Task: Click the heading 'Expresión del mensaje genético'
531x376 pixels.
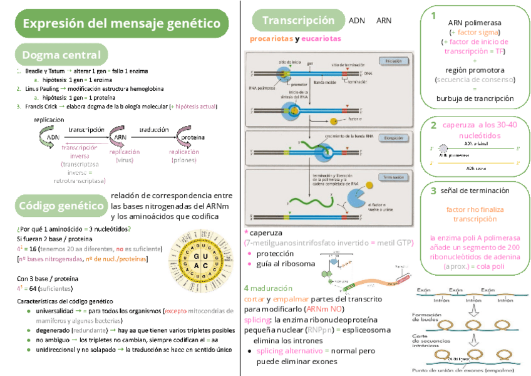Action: pos(121,24)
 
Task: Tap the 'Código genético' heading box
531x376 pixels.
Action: pos(61,205)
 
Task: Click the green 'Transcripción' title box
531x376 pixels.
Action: pos(297,21)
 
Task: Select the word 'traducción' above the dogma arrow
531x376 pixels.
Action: pos(153,129)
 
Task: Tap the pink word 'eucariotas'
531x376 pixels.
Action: pos(321,39)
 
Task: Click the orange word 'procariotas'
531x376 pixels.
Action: pos(271,39)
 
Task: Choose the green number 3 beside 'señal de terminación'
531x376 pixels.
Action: pos(433,191)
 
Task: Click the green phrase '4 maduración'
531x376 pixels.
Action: pos(268,288)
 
